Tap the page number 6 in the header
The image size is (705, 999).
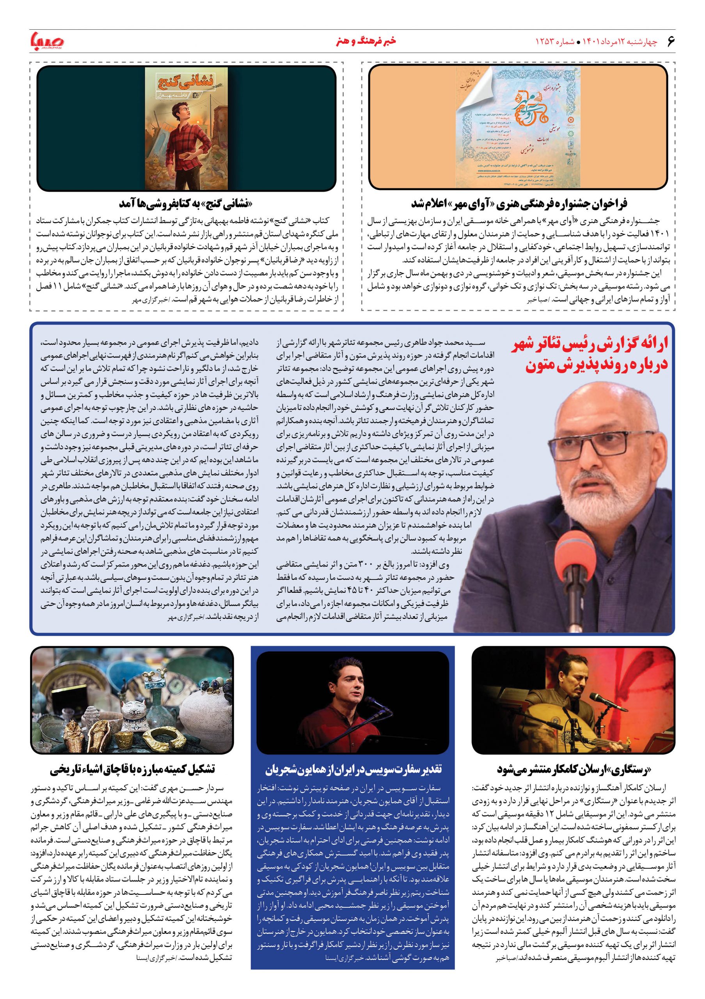click(670, 41)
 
